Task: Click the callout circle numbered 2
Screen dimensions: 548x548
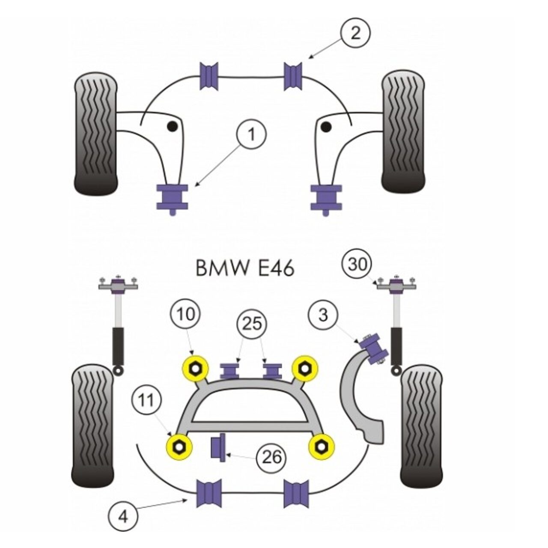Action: [x=356, y=33]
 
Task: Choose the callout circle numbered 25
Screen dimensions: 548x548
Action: [x=252, y=324]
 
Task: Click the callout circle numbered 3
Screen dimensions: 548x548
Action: [x=323, y=315]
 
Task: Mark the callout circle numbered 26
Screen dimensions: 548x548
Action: [x=271, y=457]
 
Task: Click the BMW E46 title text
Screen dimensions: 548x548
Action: [x=245, y=269]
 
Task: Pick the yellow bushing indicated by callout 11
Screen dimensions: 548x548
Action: [x=179, y=447]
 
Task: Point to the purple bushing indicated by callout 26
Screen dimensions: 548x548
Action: [x=219, y=447]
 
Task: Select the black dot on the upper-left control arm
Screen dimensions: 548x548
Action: [x=172, y=126]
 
